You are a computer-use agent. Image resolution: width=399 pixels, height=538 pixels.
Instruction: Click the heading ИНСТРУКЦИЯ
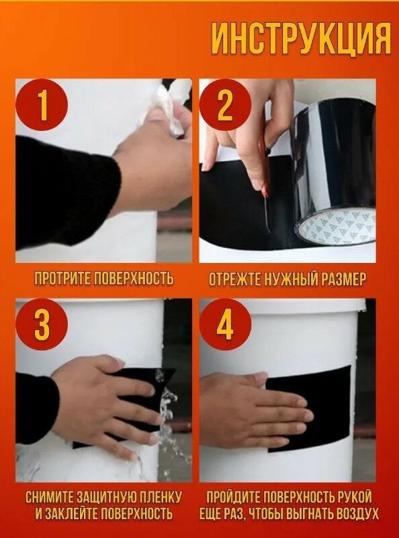tap(301, 40)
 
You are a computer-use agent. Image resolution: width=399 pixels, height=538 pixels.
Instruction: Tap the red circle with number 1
tap(41, 105)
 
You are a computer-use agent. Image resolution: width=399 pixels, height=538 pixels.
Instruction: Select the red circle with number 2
tap(226, 105)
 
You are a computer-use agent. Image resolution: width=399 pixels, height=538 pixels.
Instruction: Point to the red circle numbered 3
tap(42, 324)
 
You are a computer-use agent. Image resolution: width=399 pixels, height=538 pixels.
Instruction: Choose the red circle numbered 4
tap(226, 324)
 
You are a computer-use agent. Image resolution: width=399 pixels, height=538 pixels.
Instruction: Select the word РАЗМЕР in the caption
tap(341, 278)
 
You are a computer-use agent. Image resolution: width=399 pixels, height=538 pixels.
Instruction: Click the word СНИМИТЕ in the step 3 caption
tap(49, 497)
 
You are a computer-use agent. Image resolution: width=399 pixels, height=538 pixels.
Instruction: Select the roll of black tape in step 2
tap(332, 172)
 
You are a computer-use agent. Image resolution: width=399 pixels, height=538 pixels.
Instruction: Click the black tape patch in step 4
tap(309, 409)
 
